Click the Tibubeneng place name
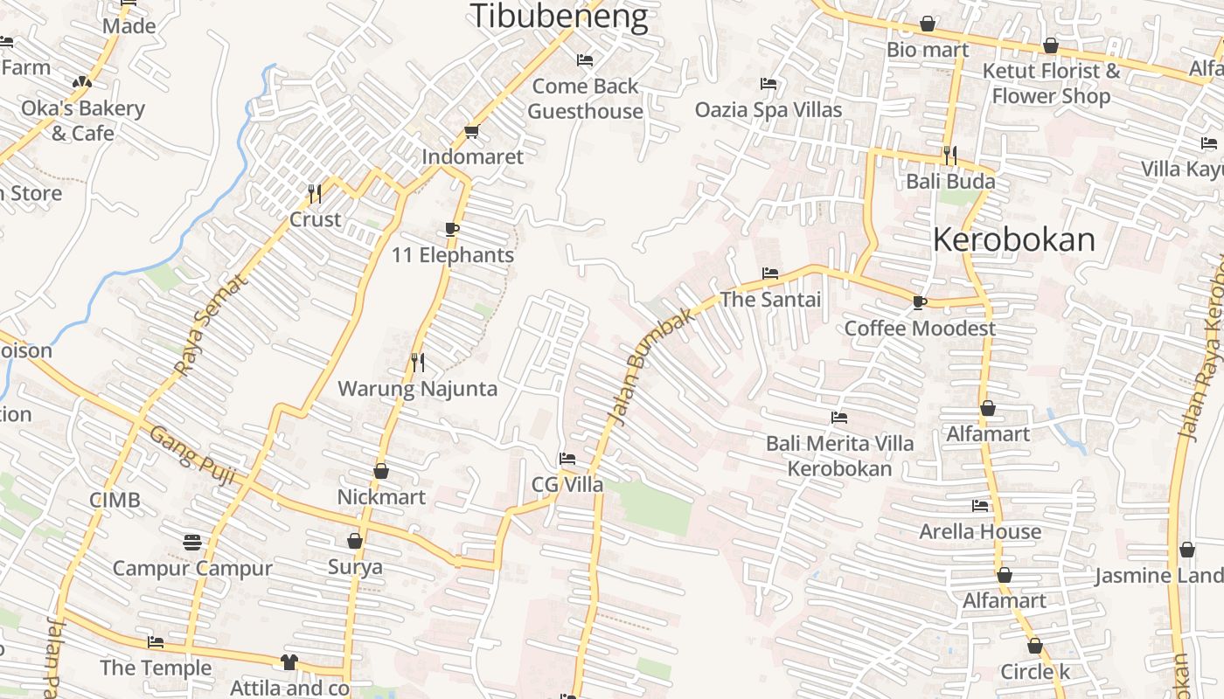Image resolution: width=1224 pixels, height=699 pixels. [x=560, y=17]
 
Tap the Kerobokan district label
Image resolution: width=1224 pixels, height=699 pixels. [x=1014, y=239]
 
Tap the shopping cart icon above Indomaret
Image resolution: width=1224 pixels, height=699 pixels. [x=472, y=132]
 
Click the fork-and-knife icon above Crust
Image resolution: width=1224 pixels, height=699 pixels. [x=315, y=193]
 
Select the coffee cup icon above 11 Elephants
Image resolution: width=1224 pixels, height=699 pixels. [x=452, y=230]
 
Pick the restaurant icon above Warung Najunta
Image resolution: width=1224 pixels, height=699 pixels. [x=418, y=362]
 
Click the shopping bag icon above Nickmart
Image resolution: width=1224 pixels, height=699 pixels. [x=381, y=471]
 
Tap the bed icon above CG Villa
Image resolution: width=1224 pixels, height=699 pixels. [x=567, y=459]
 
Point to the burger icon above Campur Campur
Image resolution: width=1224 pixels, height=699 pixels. [x=192, y=543]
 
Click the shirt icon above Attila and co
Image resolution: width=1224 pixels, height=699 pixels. [x=289, y=662]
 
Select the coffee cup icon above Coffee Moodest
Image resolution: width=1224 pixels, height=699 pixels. [x=919, y=302]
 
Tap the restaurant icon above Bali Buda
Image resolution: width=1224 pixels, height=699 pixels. [x=950, y=156]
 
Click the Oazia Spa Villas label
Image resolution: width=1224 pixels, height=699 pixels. [x=768, y=109]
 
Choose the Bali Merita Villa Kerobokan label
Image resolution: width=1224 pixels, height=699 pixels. [x=839, y=455]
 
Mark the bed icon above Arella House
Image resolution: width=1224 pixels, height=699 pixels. [x=980, y=505]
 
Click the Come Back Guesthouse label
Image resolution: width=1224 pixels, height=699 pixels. [x=585, y=99]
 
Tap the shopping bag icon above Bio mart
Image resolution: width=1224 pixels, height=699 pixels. [x=928, y=24]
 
